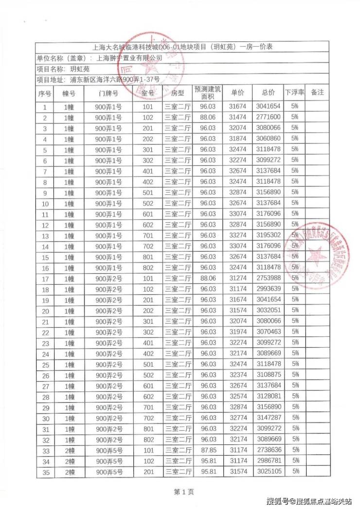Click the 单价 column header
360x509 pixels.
[x=238, y=92]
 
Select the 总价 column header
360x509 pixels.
[x=268, y=92]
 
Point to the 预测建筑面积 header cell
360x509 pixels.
[x=208, y=92]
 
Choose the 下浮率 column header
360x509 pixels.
[x=294, y=92]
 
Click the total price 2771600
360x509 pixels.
[x=268, y=117]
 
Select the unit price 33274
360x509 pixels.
[x=238, y=235]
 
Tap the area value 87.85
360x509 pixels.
[x=208, y=450]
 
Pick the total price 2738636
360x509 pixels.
[x=268, y=450]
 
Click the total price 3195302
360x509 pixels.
[x=268, y=235]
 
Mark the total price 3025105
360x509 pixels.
[x=268, y=471]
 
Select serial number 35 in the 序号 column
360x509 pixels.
[x=45, y=472]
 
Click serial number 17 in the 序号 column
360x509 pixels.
[x=45, y=279]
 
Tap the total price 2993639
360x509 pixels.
[x=268, y=289]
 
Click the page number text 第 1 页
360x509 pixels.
[x=184, y=492]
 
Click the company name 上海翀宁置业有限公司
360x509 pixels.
[x=129, y=58]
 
